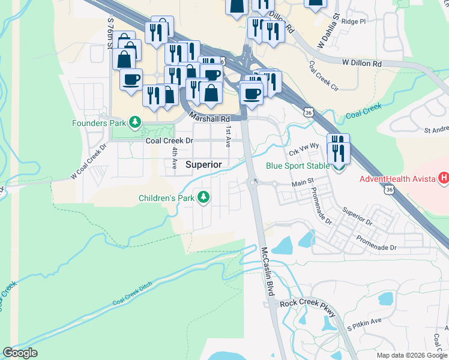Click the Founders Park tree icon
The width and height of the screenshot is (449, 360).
click(x=136, y=123)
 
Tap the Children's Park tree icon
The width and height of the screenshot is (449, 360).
click(x=204, y=197)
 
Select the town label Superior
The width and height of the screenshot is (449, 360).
click(x=203, y=164)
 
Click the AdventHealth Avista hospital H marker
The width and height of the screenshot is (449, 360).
click(x=444, y=178)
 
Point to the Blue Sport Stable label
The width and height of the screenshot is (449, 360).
click(x=298, y=166)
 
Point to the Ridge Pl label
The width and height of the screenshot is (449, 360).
click(x=354, y=21)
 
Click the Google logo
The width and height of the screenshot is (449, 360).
click(x=20, y=353)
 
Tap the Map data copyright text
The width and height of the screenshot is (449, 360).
click(x=412, y=355)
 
